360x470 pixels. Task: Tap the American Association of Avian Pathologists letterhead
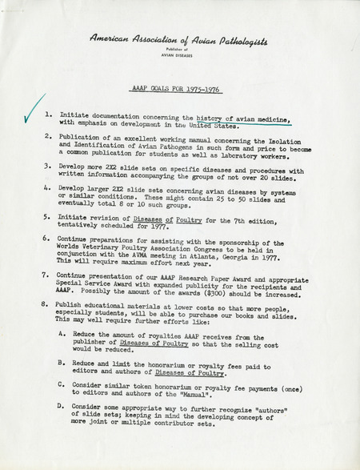179,38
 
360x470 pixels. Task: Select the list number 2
49,137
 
